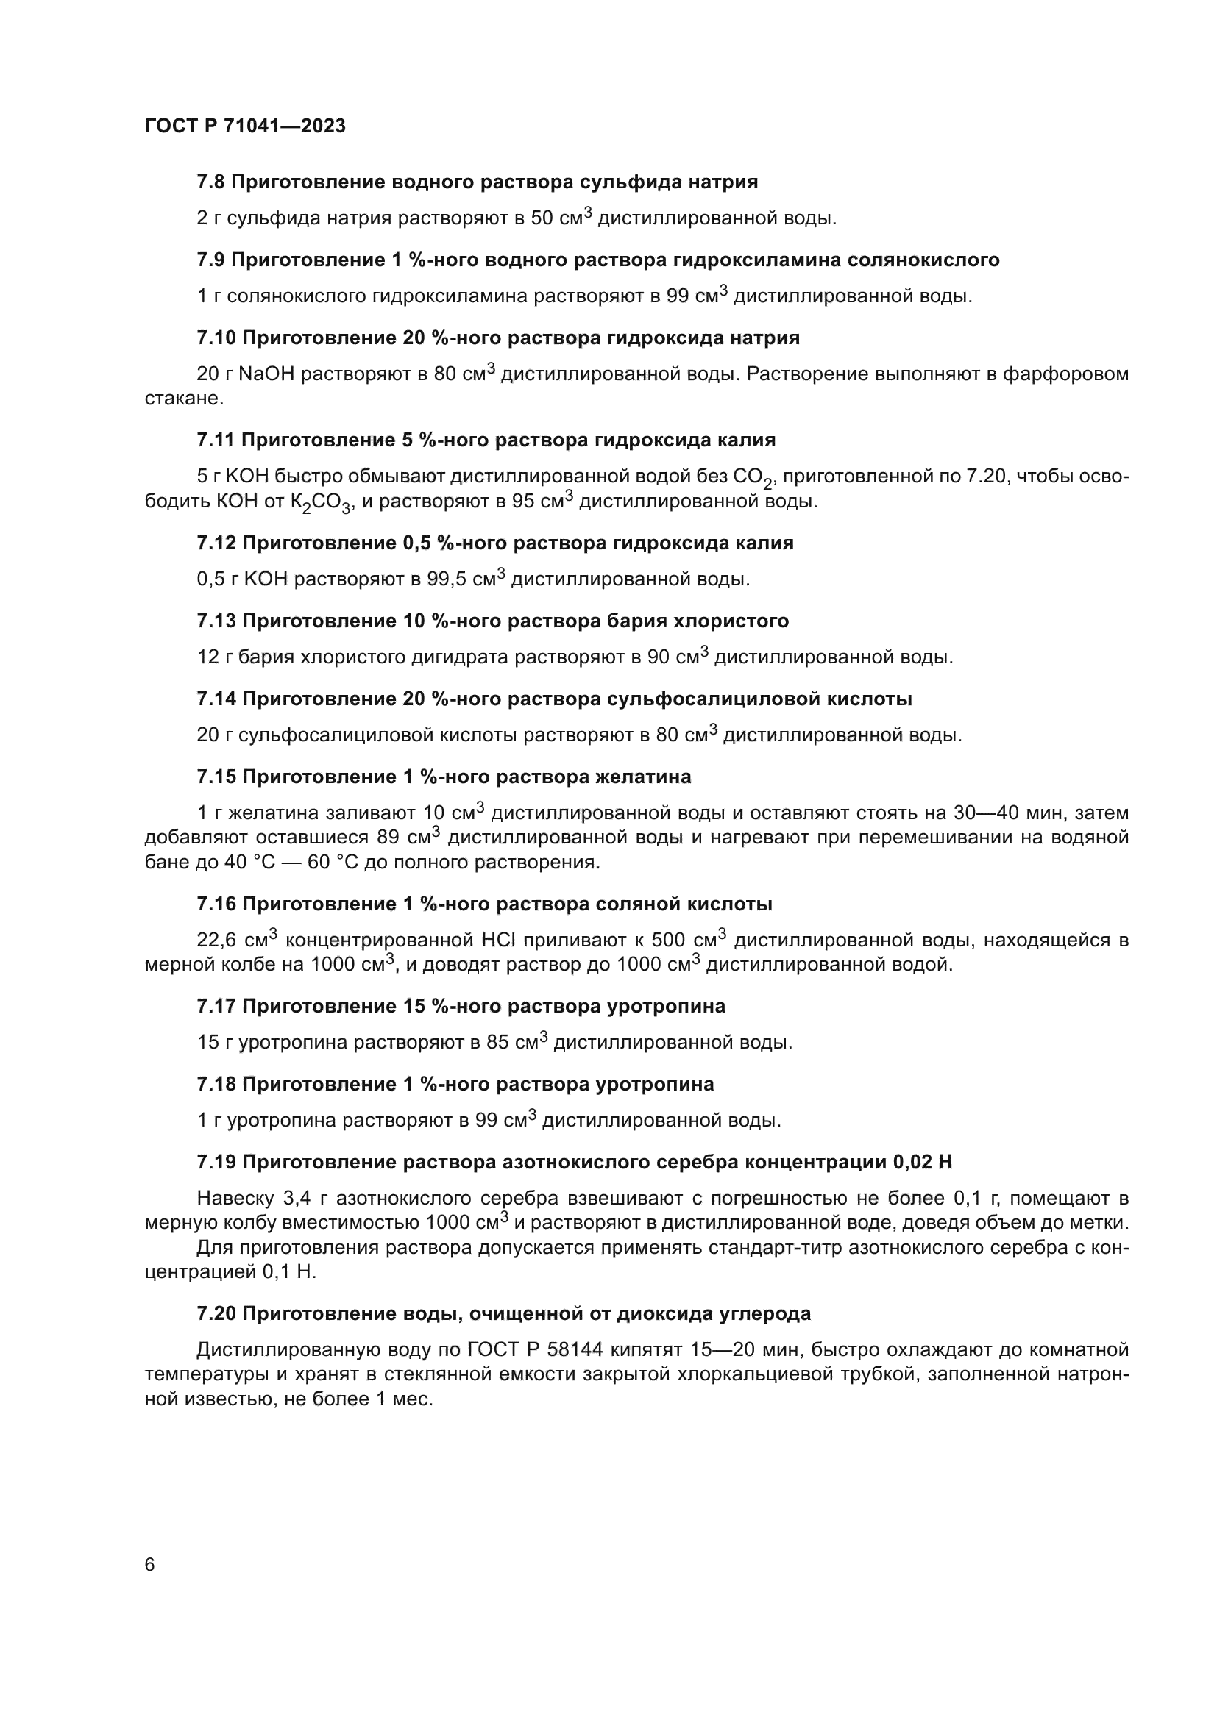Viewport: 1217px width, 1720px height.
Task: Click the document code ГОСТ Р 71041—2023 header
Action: [x=245, y=126]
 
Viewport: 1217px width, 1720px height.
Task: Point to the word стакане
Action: [x=184, y=399]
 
